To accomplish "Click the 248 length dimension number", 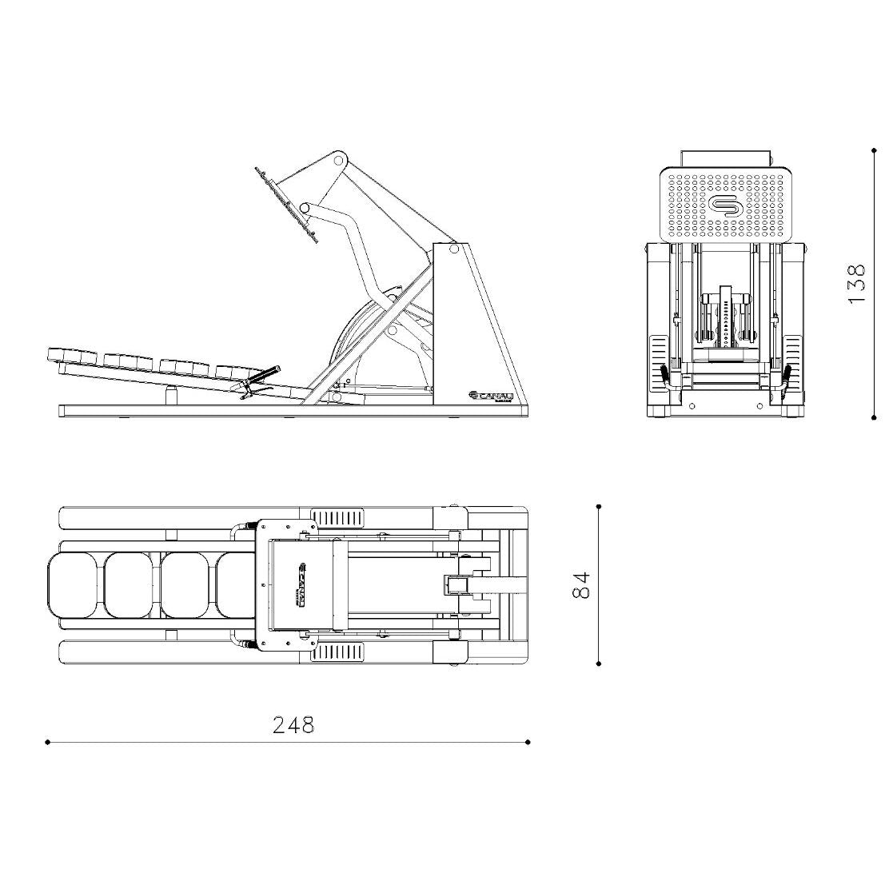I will (x=293, y=725).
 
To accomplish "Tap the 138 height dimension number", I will (x=856, y=283).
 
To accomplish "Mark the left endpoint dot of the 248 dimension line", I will (x=48, y=742).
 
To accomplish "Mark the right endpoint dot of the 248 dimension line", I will (x=528, y=742).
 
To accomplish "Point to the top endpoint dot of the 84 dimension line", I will (x=599, y=506).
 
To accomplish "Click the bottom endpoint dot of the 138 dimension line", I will (x=873, y=417).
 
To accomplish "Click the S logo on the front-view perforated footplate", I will (x=725, y=205).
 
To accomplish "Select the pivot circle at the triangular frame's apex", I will (x=454, y=249).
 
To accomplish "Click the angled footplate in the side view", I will (x=286, y=204).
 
